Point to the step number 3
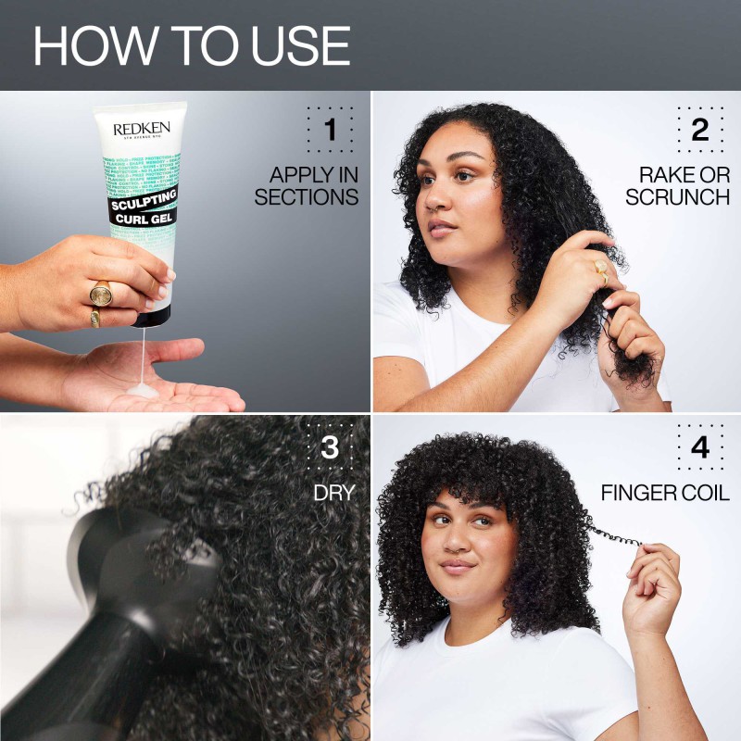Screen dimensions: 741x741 tap(330, 448)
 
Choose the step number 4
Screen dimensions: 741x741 tap(700, 448)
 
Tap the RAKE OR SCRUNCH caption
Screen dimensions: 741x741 tap(678, 185)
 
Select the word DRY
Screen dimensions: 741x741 tap(334, 493)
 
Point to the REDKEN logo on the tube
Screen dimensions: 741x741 tap(142, 129)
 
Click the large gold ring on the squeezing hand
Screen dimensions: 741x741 tap(101, 294)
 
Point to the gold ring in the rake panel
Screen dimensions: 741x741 tap(601, 270)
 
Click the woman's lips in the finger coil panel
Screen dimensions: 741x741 tap(457, 564)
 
